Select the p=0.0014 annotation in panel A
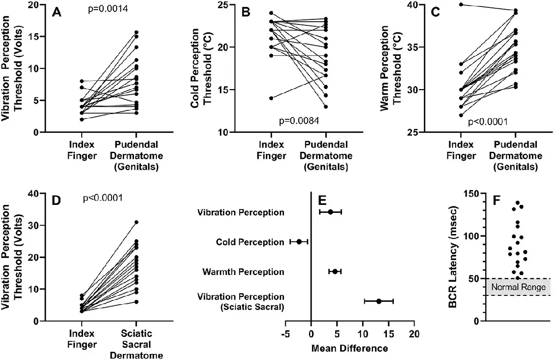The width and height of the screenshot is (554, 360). point(108,9)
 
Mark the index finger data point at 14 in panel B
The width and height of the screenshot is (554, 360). point(271,98)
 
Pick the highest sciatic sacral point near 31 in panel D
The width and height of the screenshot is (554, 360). point(136,222)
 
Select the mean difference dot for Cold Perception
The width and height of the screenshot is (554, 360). point(299,242)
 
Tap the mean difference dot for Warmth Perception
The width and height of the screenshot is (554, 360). point(335,271)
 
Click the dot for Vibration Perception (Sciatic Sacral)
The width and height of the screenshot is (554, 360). point(379,301)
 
